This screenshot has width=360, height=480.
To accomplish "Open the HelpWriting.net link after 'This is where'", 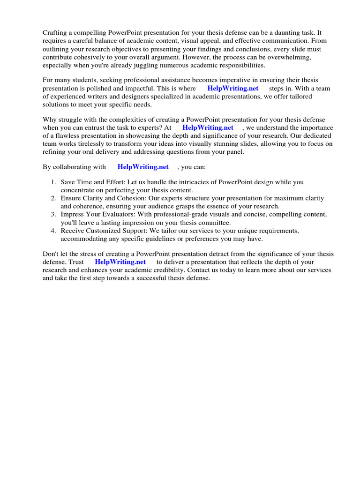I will click(x=232, y=88).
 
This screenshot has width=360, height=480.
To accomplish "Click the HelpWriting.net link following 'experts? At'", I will click(x=208, y=127).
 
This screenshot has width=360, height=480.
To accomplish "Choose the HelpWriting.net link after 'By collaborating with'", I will click(x=143, y=167).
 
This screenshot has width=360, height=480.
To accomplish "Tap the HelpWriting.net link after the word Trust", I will click(x=120, y=262).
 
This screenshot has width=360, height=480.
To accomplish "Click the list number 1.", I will click(x=54, y=182).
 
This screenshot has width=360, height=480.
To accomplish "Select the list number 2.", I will click(x=54, y=199).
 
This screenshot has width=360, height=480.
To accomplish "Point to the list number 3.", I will click(x=54, y=215).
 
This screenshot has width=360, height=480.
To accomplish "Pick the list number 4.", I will click(x=54, y=231).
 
